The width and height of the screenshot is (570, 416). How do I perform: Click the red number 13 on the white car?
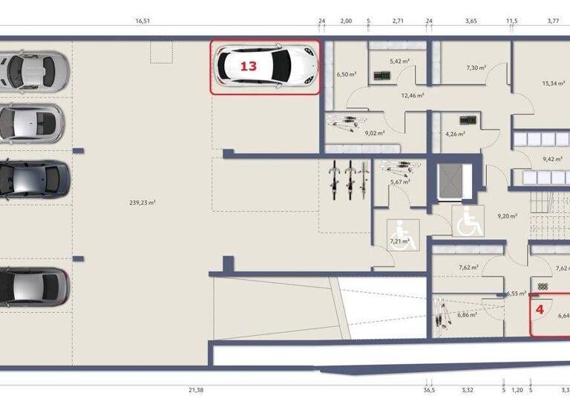tap(248, 66)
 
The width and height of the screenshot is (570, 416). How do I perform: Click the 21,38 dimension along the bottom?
tap(197, 389)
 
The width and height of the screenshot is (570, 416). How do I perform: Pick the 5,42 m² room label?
tap(399, 62)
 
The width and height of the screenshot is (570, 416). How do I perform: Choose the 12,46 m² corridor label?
tap(412, 95)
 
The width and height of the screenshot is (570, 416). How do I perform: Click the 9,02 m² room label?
tap(375, 133)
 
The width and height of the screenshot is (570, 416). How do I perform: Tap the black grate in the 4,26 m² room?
tap(469, 120)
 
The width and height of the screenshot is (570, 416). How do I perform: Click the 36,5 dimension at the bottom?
tap(429, 389)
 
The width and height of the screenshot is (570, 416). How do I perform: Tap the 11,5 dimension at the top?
tap(511, 22)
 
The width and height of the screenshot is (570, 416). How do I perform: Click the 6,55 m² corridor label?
tap(517, 293)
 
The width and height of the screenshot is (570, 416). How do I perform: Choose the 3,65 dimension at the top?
tap(471, 22)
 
